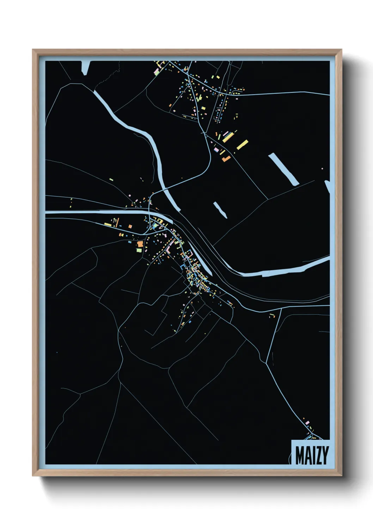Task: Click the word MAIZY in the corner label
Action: click(x=312, y=455)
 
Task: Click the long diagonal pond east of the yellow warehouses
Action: click(x=283, y=169)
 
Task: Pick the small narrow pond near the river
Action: click(x=220, y=210)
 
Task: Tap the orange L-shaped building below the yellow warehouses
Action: click(x=226, y=159)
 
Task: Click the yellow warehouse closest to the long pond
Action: click(x=243, y=144)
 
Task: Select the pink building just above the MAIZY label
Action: click(x=307, y=422)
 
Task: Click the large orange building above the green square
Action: click(x=140, y=244)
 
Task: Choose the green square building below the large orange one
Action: click(x=139, y=250)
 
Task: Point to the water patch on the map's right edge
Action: click(x=328, y=186)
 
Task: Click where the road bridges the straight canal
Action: click(x=150, y=213)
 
